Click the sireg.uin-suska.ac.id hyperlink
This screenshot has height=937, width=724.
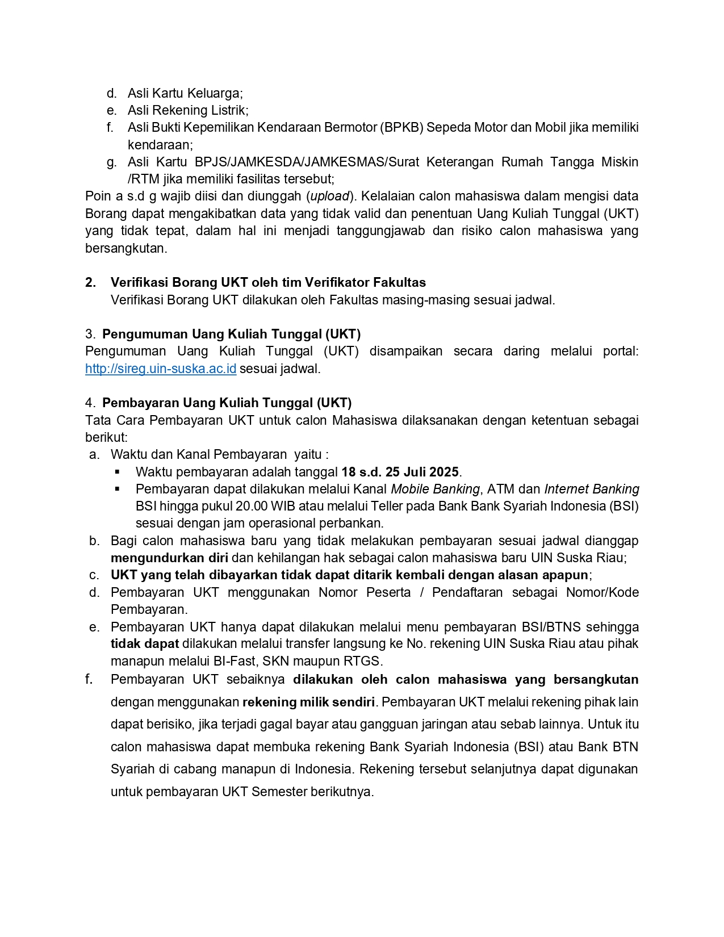(x=161, y=369)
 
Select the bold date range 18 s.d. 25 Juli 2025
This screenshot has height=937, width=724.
(x=400, y=472)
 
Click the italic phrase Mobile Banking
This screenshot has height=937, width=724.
(x=436, y=489)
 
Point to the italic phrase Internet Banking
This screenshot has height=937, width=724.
(x=592, y=489)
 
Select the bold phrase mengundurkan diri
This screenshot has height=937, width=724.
(x=169, y=558)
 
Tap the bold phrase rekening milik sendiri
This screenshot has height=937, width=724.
(x=308, y=702)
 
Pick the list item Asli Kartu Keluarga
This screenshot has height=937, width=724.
(x=185, y=93)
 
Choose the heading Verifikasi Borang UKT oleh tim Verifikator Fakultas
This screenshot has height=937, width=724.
(x=268, y=282)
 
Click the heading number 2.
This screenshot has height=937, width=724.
(x=90, y=282)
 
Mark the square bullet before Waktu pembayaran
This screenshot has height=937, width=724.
(x=118, y=472)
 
